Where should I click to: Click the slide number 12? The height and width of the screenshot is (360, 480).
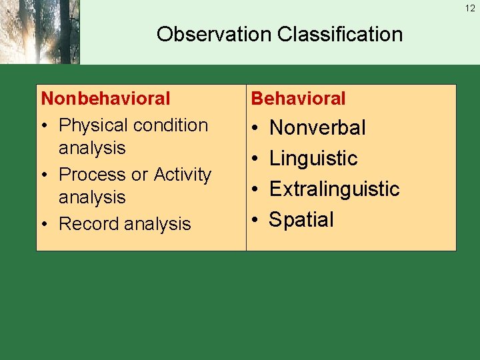click(x=471, y=9)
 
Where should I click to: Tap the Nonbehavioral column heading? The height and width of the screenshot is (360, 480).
click(x=106, y=99)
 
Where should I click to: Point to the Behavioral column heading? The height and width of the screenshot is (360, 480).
click(x=298, y=99)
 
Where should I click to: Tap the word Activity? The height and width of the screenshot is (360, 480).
click(x=182, y=175)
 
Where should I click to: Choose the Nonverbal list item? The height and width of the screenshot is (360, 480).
click(x=317, y=128)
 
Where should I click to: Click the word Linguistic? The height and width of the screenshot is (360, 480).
click(x=313, y=159)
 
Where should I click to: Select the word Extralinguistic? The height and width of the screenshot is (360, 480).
click(x=334, y=189)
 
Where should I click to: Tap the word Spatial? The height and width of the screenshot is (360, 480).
click(x=301, y=220)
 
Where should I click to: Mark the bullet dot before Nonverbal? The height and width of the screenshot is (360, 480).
click(x=255, y=128)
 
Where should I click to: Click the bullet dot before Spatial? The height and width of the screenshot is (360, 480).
click(x=255, y=220)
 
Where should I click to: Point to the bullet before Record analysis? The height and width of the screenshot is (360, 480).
click(x=45, y=225)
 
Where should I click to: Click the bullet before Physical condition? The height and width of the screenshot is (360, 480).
click(x=45, y=126)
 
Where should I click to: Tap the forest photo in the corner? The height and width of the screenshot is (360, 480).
click(x=39, y=32)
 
